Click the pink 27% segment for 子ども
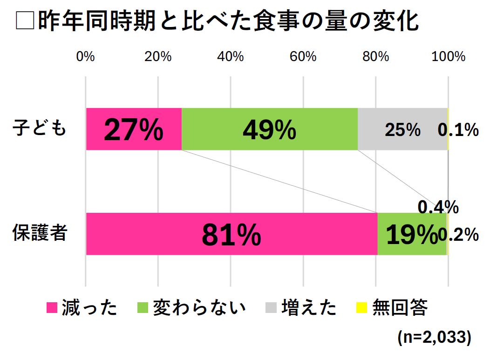tap(134, 129)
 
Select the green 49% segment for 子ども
tap(269, 129)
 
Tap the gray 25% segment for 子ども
tap(402, 129)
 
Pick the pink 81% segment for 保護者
tap(231, 234)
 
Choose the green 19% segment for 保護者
tap(412, 234)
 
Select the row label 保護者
tap(40, 233)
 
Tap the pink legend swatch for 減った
tap(52, 308)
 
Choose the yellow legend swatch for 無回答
tap(361, 308)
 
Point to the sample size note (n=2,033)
tap(434, 337)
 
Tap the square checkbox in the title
tap(25, 21)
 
